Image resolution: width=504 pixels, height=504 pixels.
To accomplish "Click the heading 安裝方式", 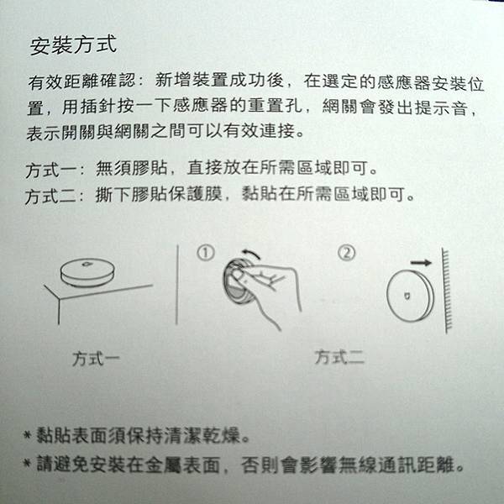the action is point(73,45).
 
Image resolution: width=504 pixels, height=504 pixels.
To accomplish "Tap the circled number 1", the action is point(206,254).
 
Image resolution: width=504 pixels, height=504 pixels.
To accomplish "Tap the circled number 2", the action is point(347,253).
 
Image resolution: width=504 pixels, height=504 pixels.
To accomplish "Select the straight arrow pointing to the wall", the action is point(421,263).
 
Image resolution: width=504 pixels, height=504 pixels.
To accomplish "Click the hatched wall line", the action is point(446,291).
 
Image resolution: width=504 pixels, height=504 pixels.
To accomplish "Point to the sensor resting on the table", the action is point(87,272).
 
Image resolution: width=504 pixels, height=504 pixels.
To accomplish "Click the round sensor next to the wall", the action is point(410,296).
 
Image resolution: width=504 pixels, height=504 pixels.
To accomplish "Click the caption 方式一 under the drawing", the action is point(96,359).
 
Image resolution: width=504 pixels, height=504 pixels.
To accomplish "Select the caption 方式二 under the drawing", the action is point(339,357).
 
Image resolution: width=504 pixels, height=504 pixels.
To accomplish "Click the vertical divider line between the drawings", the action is point(177,285).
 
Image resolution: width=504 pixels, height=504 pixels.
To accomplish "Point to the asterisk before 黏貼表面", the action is point(28,435).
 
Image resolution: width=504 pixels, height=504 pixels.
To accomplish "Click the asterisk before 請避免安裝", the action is point(28,463).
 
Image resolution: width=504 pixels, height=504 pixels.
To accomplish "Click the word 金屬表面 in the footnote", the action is point(182,465).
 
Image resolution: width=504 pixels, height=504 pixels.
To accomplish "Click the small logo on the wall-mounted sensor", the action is point(407,296).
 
